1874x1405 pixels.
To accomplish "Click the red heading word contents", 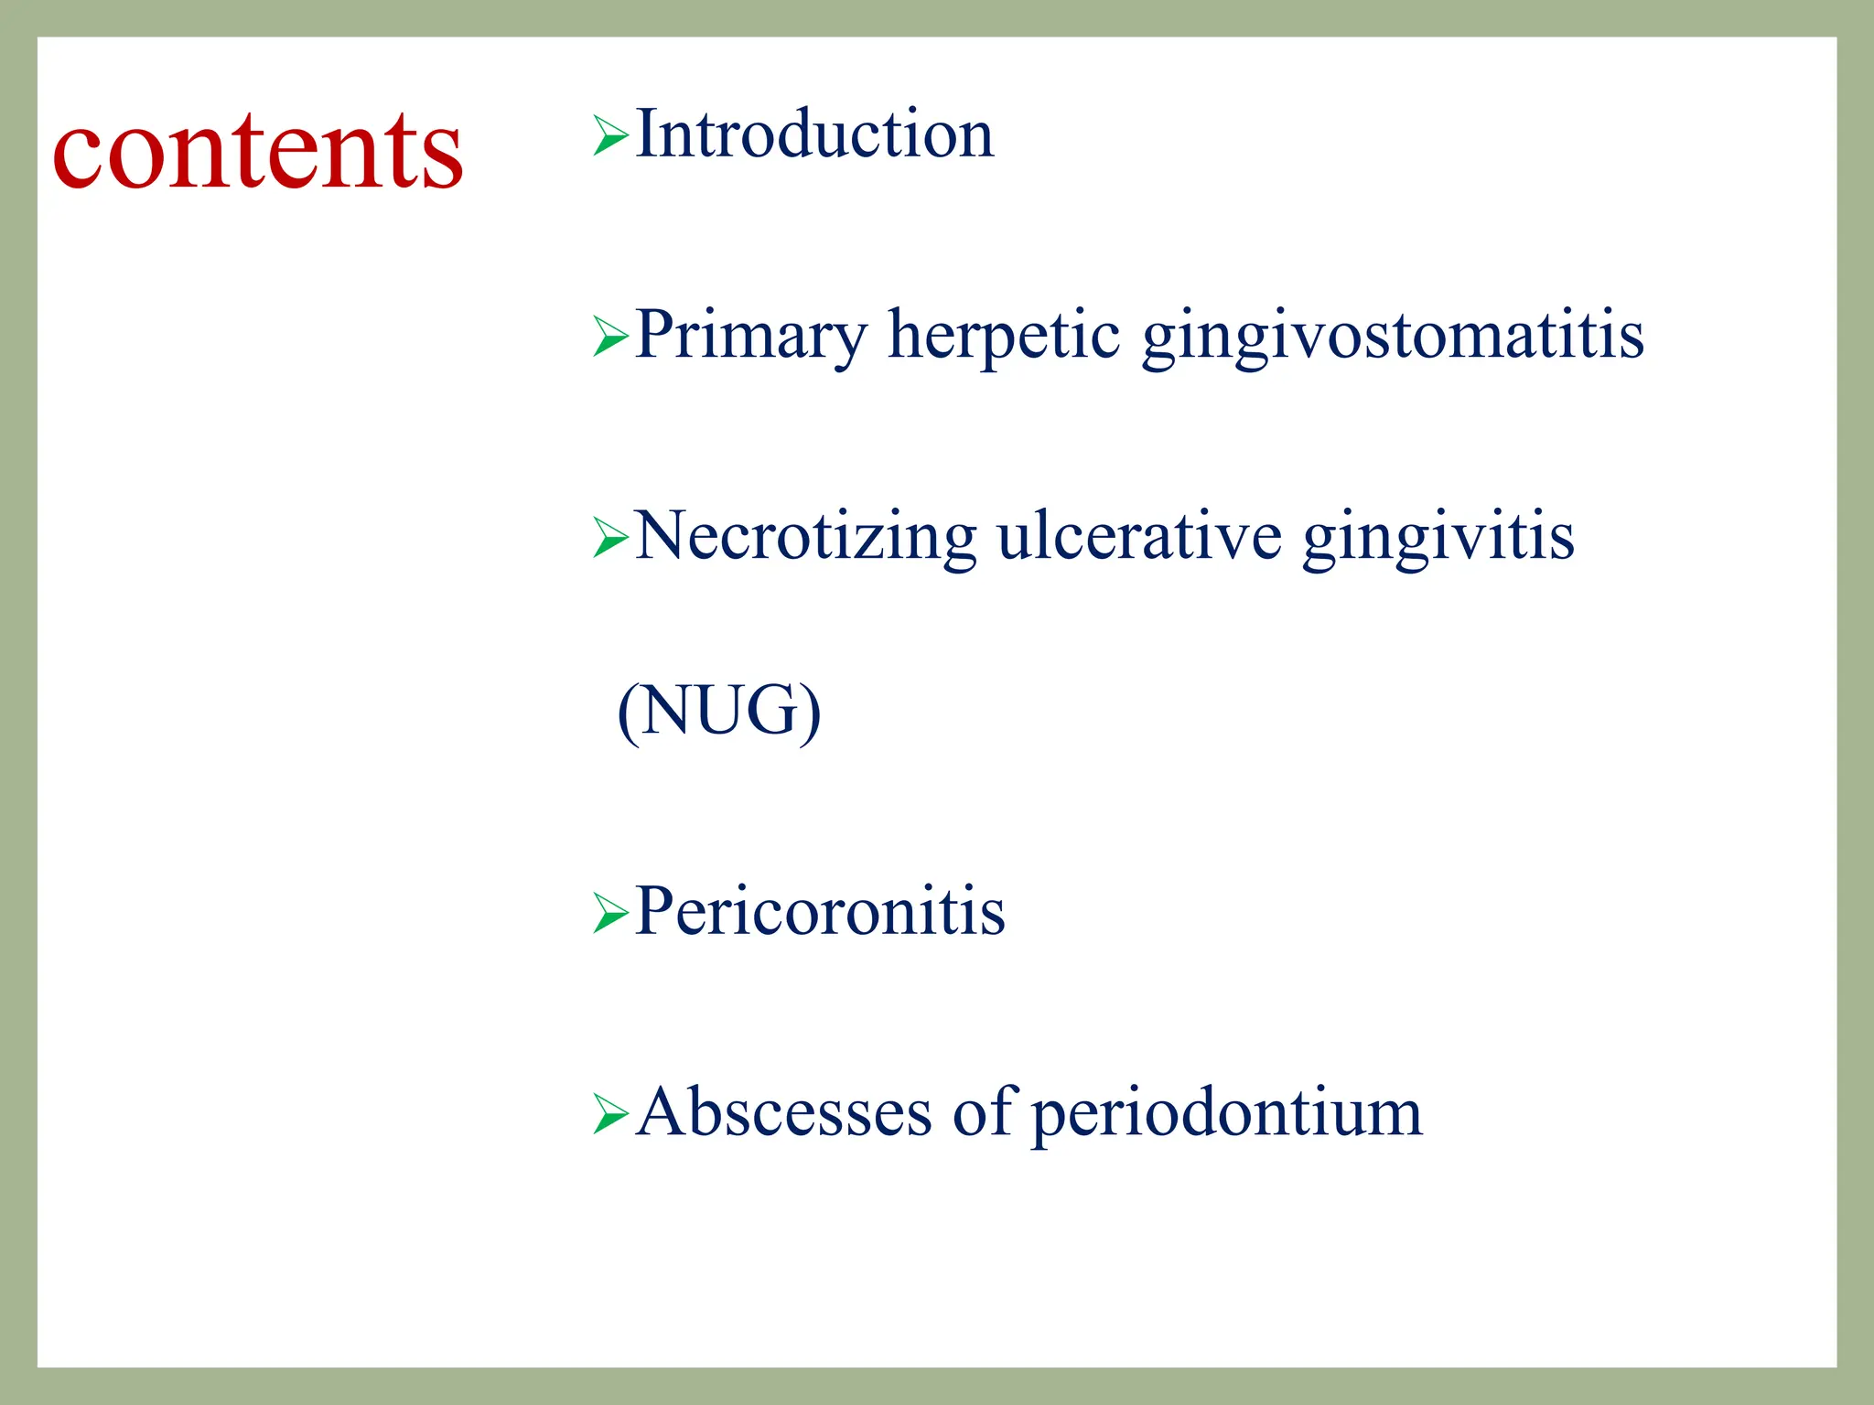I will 258,152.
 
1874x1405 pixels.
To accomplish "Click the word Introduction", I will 813,134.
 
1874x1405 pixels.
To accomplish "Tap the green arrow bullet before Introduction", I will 609,136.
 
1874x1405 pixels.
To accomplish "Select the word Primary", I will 750,335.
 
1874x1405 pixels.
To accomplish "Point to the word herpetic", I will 1004,335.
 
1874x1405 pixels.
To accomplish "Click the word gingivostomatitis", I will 1393,337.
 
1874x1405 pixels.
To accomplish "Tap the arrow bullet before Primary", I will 609,337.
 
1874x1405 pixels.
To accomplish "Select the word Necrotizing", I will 805,536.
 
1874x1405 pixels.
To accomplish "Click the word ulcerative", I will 1139,536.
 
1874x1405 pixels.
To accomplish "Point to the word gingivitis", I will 1438,538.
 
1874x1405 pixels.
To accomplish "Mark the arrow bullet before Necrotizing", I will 609,538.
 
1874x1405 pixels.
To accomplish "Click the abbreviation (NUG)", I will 719,712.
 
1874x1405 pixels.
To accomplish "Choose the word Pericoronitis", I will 820,912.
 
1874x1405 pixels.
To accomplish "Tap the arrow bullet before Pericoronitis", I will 609,913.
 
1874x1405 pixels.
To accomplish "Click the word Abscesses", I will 784,1113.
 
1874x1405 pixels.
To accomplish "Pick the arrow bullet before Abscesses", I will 609,1114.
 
